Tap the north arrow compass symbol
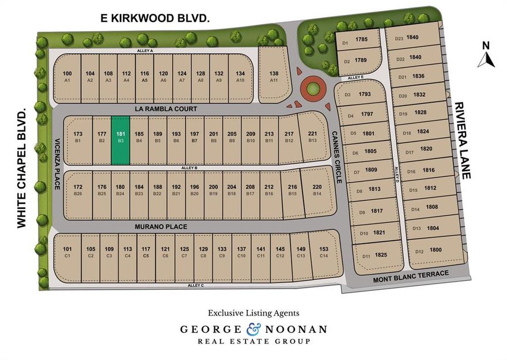pyautogui.click(x=486, y=56)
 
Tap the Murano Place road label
pyautogui.click(x=161, y=227)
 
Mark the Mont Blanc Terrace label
pyautogui.click(x=410, y=274)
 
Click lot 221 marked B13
pyautogui.click(x=312, y=137)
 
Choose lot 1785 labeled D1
pyautogui.click(x=358, y=41)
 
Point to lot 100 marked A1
pyautogui.click(x=67, y=77)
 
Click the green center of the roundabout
pyautogui.click(x=312, y=89)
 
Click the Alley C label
pyautogui.click(x=196, y=286)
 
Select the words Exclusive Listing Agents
pyautogui.click(x=253, y=313)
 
